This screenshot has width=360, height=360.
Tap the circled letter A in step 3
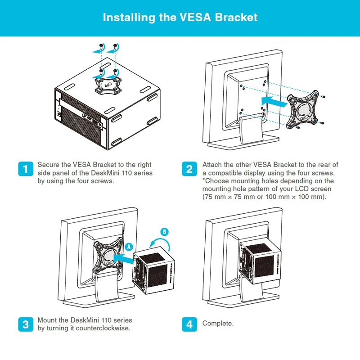129,247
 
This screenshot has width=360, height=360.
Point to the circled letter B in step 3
165,232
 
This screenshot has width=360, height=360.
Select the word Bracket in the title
236,18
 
